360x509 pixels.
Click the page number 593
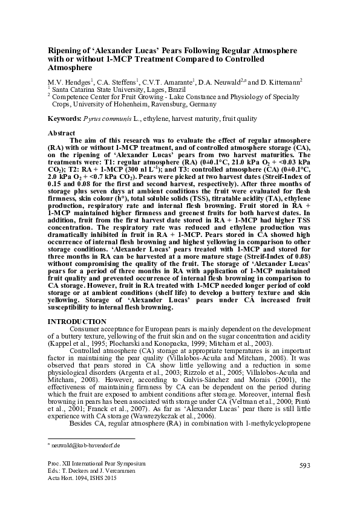[304, 464]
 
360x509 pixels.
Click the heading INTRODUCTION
[77, 320]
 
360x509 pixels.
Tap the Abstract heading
[62, 132]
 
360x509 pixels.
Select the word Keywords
[64, 119]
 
